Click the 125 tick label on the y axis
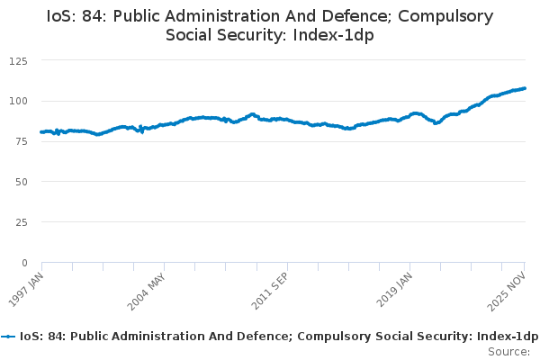pyautogui.click(x=18, y=60)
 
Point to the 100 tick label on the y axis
pyautogui.click(x=18, y=101)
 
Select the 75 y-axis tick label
pyautogui.click(x=21, y=141)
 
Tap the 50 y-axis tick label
pyautogui.click(x=21, y=182)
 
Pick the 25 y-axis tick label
pyautogui.click(x=21, y=222)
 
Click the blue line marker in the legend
pyautogui.click(x=9, y=336)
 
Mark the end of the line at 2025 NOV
pyautogui.click(x=525, y=88)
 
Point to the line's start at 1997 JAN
pyautogui.click(x=42, y=132)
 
